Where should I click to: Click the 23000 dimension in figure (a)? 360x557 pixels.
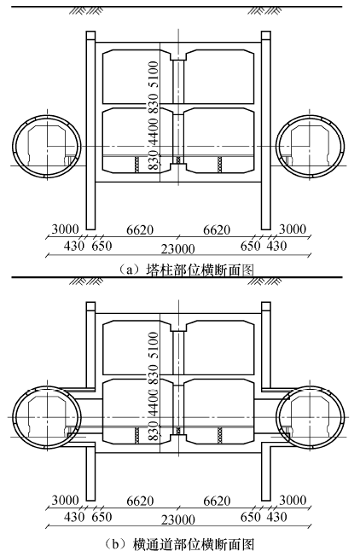coord(178,249)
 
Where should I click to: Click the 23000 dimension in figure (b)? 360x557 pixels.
coord(178,519)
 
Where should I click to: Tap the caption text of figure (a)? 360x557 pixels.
coord(185,270)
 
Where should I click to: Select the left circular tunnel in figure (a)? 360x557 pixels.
coord(13,147)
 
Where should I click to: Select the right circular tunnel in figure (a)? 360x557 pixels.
coord(344,147)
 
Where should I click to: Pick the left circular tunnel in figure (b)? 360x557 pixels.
coord(13,417)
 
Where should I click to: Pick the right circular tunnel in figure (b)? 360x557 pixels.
coord(344,417)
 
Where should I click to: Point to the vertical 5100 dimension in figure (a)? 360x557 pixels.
coord(154,74)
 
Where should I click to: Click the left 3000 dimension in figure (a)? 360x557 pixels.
coord(65,229)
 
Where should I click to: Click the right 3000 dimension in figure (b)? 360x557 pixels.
coord(293,500)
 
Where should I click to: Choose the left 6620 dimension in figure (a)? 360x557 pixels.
coord(140,230)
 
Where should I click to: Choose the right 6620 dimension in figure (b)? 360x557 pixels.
coord(217,501)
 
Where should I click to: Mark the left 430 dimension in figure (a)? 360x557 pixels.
coord(74,246)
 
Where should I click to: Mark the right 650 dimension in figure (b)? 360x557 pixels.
coord(251,517)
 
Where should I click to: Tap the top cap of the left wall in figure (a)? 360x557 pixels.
coord(90,35)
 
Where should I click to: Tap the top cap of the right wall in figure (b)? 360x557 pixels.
coord(266,306)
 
